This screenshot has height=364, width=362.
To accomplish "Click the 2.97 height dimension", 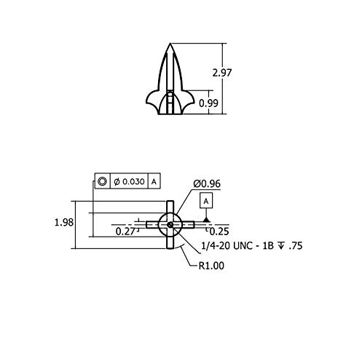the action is [222, 73].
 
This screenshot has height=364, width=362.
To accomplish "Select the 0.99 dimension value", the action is [208, 103].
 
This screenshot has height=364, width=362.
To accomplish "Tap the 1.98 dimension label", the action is [64, 222].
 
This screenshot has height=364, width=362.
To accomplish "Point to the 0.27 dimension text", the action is [125, 232].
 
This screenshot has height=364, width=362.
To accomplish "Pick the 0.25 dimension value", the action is [219, 232].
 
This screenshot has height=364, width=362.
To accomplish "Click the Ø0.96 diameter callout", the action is [207, 183].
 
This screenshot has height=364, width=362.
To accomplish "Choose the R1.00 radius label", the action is [211, 266].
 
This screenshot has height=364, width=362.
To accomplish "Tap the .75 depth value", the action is [296, 246].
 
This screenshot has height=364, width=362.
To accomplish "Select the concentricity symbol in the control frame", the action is [102, 181].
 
